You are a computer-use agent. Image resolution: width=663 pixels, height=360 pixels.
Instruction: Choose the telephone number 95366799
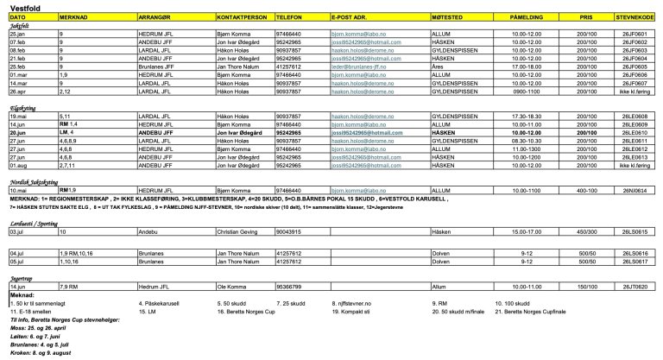click(287, 286)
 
